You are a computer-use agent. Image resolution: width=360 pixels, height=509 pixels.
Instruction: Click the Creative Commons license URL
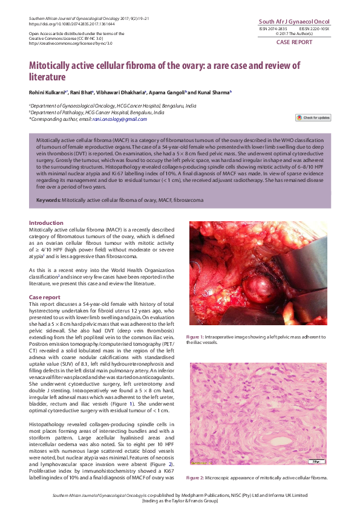62,43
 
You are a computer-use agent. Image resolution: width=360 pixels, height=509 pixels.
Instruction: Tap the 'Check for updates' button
313,117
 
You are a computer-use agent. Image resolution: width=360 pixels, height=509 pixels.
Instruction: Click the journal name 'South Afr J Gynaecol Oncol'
295,21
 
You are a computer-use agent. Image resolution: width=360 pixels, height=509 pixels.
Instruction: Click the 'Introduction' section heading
46,223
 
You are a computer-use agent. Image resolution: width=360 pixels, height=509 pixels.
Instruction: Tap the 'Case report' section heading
45,297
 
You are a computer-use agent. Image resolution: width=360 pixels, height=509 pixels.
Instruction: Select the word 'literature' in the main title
47,77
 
